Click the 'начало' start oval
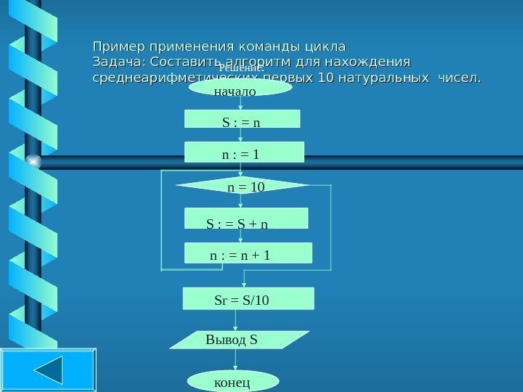240,88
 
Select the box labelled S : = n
242,119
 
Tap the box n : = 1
244,152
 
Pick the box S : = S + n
246,219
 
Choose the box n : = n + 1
248,253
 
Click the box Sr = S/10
248,298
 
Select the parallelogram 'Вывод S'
243,339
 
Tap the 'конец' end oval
233,381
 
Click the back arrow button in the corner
48,370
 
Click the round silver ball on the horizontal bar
32,160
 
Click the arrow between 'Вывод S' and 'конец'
235,360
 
